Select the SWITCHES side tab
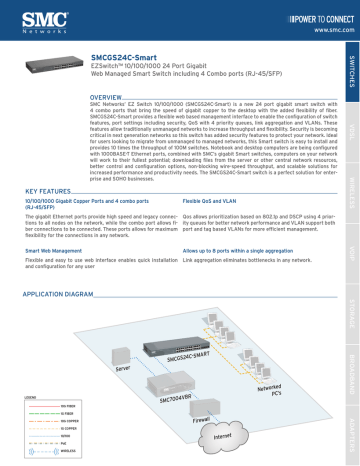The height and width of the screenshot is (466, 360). pos(347,69)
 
